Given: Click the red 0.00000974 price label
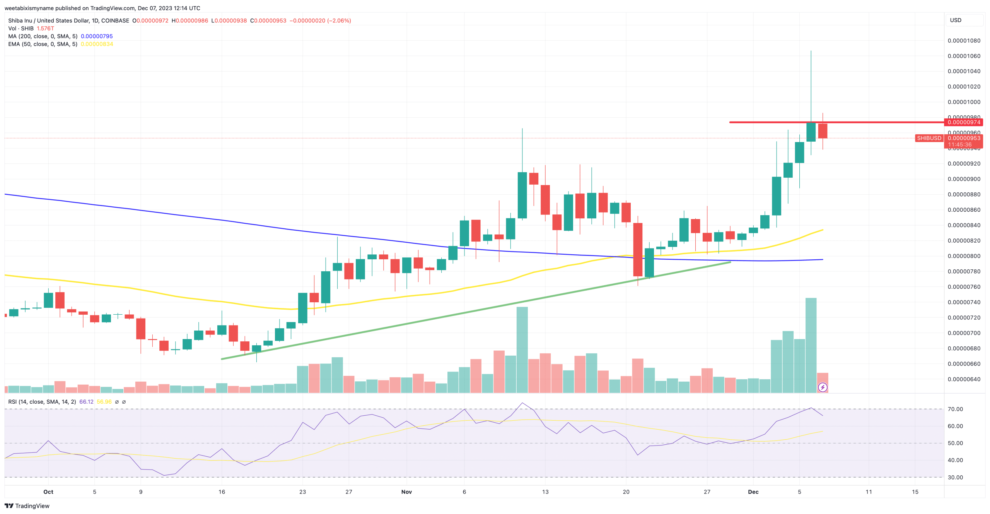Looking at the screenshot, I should point(964,122).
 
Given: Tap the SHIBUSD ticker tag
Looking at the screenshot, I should point(929,138).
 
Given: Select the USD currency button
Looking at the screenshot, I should point(956,20).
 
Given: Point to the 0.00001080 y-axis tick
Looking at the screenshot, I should point(964,41).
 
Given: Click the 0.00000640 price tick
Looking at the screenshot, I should point(964,379).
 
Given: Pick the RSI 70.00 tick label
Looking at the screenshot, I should point(955,409).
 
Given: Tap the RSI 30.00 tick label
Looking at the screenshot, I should point(955,477).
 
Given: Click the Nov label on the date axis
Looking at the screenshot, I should point(406,492).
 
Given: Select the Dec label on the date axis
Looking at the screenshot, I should point(753,492).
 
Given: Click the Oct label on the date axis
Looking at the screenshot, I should point(48,492).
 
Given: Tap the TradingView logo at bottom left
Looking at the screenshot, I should point(27,506).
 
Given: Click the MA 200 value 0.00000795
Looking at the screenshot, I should point(97,36).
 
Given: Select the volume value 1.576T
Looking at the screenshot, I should point(45,29).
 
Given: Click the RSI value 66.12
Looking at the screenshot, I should point(86,402).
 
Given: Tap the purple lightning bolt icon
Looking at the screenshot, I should point(823,387).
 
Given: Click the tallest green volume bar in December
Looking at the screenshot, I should point(811,344).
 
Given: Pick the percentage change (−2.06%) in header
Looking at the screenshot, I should point(339,21).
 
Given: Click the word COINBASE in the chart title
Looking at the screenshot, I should point(115,21).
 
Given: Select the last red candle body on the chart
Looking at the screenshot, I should point(823,131).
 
